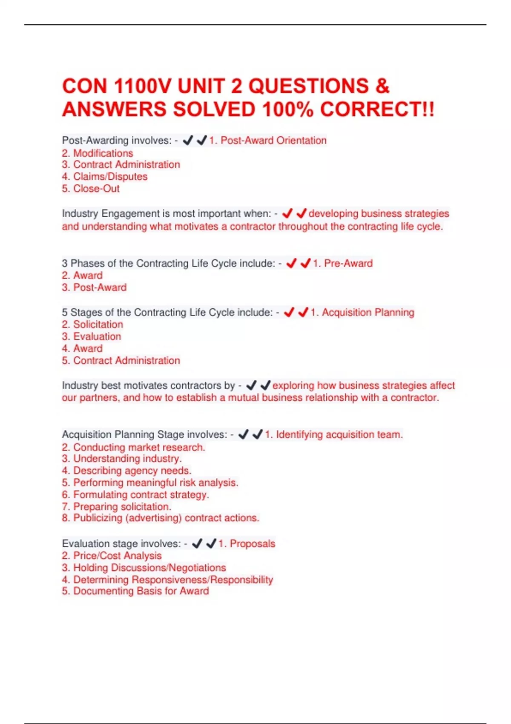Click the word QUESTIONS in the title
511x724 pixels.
309,86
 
